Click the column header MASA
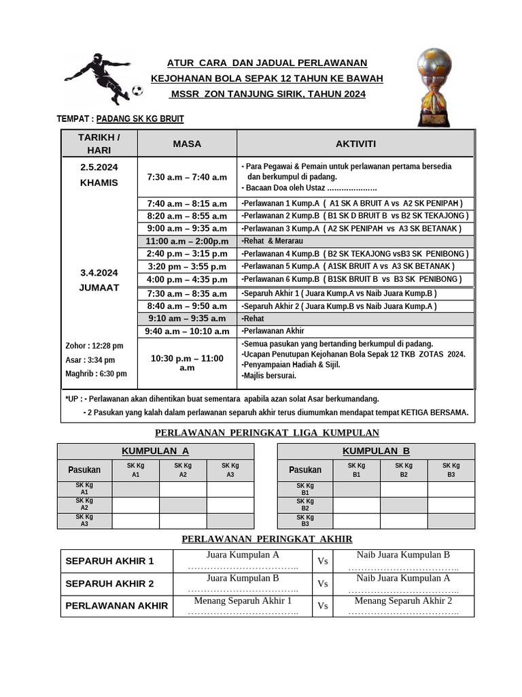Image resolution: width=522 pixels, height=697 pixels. (187, 144)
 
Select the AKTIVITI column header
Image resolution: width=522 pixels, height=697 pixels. (355, 144)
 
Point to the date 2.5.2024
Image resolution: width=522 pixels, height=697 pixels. (99, 167)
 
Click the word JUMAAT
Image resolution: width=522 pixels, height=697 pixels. (99, 287)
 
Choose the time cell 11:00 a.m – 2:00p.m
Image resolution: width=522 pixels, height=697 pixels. (187, 241)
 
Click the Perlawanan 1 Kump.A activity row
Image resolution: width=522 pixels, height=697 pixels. (351, 203)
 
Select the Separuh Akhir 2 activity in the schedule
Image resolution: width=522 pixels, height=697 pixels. (338, 306)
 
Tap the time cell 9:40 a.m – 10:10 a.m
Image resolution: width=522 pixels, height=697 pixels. (187, 331)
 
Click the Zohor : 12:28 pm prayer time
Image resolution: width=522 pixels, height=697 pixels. (94, 346)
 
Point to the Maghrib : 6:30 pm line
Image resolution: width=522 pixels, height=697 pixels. (96, 374)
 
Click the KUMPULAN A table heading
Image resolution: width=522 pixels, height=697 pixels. (155, 451)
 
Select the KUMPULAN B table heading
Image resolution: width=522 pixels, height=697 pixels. (376, 451)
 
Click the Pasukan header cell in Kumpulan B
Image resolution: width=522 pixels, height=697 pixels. (305, 470)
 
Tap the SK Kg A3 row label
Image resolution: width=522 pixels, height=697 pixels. (84, 521)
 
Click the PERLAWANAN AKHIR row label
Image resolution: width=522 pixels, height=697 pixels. (116, 606)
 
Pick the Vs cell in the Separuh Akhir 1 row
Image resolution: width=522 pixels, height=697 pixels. (323, 561)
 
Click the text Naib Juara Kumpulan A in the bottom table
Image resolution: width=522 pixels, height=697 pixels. (403, 578)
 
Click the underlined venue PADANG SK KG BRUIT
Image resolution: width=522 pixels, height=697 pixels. (140, 118)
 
